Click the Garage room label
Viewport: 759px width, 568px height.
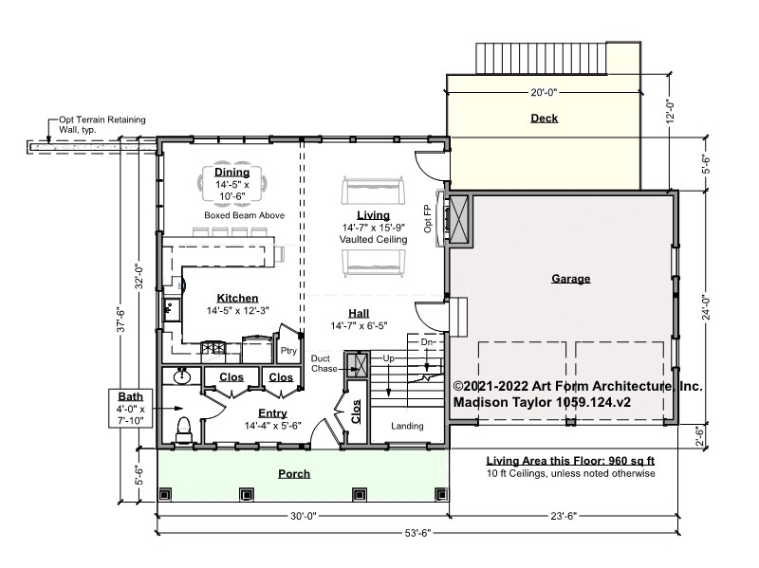click(571, 279)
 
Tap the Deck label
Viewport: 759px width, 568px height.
click(544, 118)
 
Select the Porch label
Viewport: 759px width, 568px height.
click(294, 474)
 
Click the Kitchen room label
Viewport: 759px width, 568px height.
click(237, 298)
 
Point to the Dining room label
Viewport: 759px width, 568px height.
click(231, 173)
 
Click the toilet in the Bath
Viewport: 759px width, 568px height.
click(184, 431)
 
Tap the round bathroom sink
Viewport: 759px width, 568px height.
click(182, 376)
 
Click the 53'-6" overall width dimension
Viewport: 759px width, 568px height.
click(417, 533)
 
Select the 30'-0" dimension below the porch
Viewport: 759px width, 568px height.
click(303, 516)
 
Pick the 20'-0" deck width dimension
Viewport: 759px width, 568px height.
click(544, 92)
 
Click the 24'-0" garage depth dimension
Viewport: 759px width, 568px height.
click(706, 307)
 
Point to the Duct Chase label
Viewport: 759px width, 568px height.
click(324, 363)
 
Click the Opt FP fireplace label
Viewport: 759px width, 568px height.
click(428, 219)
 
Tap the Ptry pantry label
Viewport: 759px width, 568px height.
click(288, 351)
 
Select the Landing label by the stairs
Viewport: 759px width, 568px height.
click(407, 426)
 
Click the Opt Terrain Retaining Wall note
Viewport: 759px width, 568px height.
click(102, 124)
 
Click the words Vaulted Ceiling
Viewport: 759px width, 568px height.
click(373, 240)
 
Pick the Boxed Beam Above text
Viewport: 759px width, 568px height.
click(244, 215)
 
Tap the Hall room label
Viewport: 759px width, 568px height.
click(359, 313)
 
